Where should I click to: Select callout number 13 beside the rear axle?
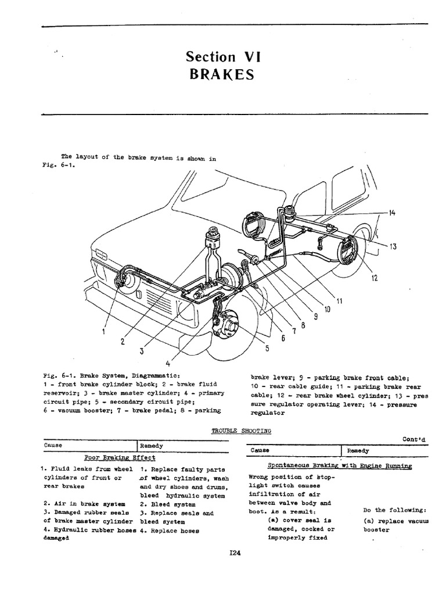(393, 246)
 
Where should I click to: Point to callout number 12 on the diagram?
(375, 278)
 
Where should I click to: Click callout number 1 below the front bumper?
(103, 332)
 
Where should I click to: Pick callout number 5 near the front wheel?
(267, 349)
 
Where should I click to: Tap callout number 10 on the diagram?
(326, 309)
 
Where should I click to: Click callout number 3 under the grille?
(141, 351)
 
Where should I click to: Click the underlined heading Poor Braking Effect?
(120, 457)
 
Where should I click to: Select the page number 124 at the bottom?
(235, 553)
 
